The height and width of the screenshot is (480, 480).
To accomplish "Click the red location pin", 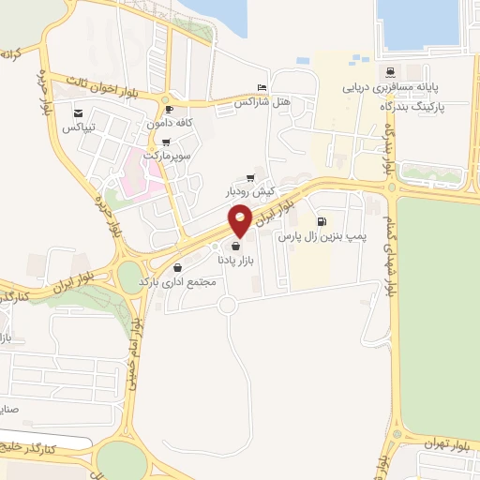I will (x=240, y=220).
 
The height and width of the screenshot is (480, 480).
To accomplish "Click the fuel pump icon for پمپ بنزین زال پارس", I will (x=322, y=222).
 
